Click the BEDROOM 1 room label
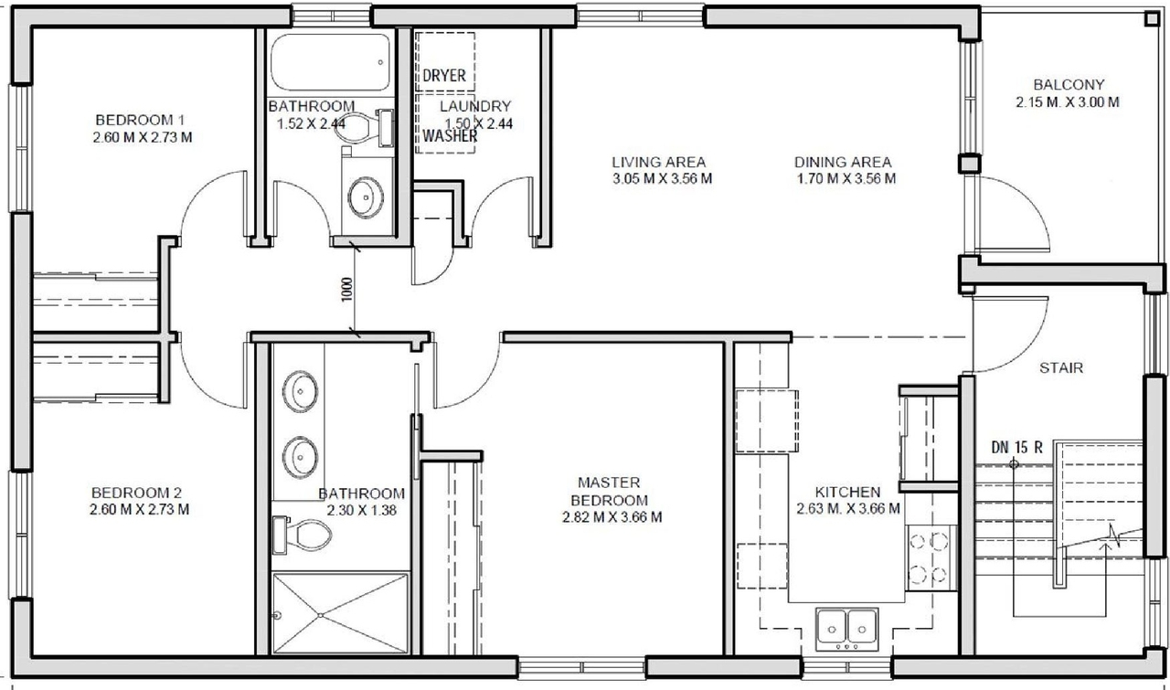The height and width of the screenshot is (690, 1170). click(141, 120)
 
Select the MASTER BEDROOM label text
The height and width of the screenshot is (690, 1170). click(609, 491)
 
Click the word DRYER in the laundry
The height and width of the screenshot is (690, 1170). click(444, 75)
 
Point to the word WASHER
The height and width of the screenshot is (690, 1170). click(449, 135)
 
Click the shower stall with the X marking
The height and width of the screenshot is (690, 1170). click(340, 612)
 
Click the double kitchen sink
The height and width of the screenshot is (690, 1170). click(846, 626)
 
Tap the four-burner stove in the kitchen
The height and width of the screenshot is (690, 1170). click(930, 557)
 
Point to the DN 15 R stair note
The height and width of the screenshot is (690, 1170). click(1016, 447)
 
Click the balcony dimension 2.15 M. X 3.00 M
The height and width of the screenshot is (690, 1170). click(1067, 102)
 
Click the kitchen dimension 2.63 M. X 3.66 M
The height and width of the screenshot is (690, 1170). click(848, 508)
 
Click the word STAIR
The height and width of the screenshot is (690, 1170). click(1061, 368)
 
